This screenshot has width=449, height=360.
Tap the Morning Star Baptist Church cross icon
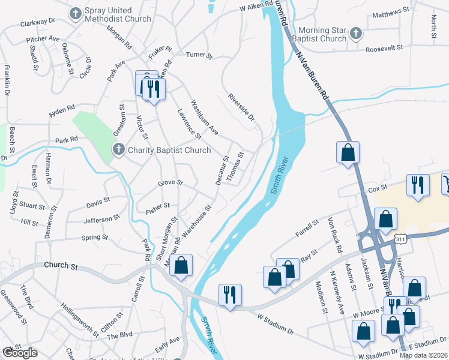tap(355, 33)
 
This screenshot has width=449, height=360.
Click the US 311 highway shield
tap(400, 239)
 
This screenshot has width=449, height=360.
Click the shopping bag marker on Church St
tap(181, 266)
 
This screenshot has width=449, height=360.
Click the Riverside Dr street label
tap(241, 107)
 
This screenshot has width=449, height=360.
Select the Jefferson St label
tap(98, 220)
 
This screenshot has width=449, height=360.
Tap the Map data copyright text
tap(423, 355)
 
